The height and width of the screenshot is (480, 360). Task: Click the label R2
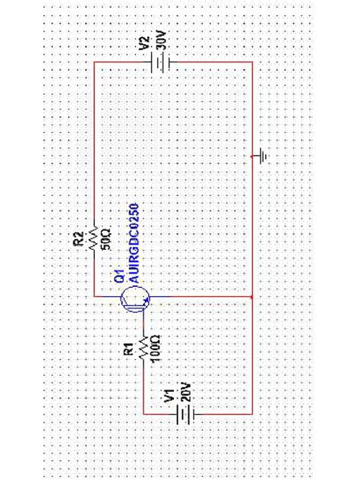pos(79,240)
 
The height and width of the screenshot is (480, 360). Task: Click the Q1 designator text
pos(118,276)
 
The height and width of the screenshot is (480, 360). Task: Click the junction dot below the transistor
pos(252,297)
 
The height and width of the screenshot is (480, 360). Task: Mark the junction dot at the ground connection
pos(252,156)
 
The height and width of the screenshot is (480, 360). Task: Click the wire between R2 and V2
pos(93,137)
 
